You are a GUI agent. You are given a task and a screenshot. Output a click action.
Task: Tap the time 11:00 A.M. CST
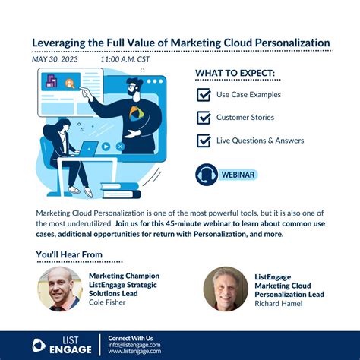(x=127, y=58)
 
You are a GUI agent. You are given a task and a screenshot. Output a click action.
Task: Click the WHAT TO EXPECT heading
(x=236, y=74)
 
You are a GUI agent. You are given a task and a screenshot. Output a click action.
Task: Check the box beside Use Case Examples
(x=204, y=95)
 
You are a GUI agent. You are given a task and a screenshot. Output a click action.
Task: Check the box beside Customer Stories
(x=204, y=118)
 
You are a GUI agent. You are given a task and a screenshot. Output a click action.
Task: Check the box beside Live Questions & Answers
(x=204, y=141)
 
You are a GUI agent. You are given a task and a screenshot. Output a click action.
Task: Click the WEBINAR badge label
(x=237, y=175)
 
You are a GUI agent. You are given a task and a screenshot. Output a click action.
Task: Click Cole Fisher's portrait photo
(x=60, y=289)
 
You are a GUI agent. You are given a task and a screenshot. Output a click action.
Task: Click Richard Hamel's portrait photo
(x=226, y=289)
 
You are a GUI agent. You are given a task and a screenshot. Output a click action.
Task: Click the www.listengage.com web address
(x=134, y=352)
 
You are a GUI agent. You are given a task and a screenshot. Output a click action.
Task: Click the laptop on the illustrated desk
(x=90, y=148)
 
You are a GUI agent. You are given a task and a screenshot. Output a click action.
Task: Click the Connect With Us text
(x=131, y=337)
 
